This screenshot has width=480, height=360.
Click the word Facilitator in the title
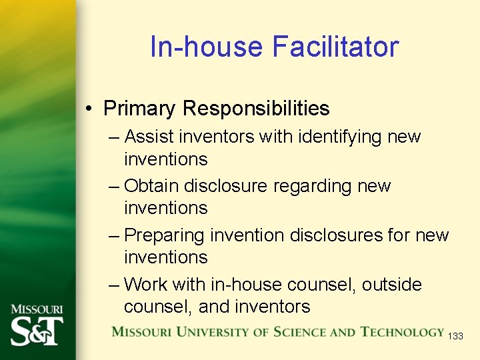[335, 47]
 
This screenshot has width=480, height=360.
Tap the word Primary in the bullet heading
[139, 108]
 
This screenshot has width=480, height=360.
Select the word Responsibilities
[256, 108]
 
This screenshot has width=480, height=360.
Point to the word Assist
[149, 137]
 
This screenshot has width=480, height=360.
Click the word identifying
[338, 137]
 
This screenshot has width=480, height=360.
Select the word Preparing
[165, 235]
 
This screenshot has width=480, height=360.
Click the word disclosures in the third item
[339, 235]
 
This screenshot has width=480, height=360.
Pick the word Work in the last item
[146, 285]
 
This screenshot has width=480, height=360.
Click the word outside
[392, 285]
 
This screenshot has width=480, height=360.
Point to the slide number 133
[455, 337]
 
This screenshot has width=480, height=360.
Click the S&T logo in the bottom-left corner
[37, 331]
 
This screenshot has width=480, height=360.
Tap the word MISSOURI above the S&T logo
[37, 309]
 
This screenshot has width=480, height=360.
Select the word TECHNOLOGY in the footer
[402, 331]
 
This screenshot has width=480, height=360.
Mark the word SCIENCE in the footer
[293, 331]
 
